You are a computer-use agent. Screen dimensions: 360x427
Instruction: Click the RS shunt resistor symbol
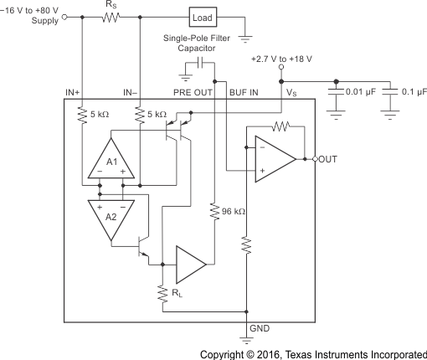[x=111, y=17]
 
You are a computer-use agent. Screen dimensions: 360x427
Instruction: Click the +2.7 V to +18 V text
[x=283, y=59]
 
